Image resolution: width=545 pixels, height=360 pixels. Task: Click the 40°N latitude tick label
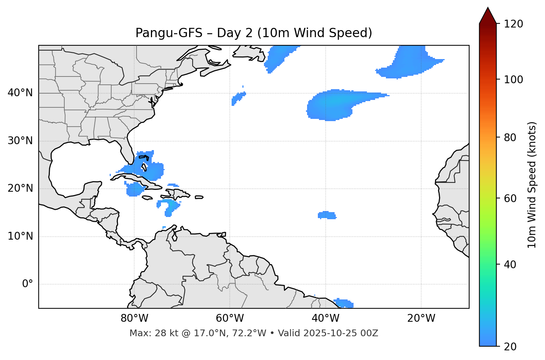click(x=20, y=93)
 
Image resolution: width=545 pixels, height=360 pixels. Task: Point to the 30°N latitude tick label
click(x=20, y=141)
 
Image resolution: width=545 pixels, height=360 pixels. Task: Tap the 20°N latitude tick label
click(x=20, y=188)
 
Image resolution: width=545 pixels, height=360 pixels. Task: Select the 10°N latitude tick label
click(x=20, y=236)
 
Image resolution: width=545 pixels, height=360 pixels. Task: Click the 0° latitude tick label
click(x=28, y=284)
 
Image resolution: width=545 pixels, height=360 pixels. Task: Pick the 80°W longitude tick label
click(x=134, y=318)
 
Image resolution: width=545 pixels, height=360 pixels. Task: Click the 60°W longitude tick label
click(x=230, y=318)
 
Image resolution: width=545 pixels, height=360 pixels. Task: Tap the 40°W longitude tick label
click(x=326, y=318)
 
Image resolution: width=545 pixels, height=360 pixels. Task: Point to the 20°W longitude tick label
click(x=421, y=318)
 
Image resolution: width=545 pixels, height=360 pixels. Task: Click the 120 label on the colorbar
click(x=513, y=24)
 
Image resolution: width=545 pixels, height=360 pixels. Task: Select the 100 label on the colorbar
click(x=513, y=80)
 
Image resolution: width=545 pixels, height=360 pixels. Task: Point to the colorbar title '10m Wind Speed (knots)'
click(x=532, y=185)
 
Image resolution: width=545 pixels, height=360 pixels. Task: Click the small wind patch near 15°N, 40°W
click(x=327, y=215)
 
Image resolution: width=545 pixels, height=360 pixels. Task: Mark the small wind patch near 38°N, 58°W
click(x=238, y=98)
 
